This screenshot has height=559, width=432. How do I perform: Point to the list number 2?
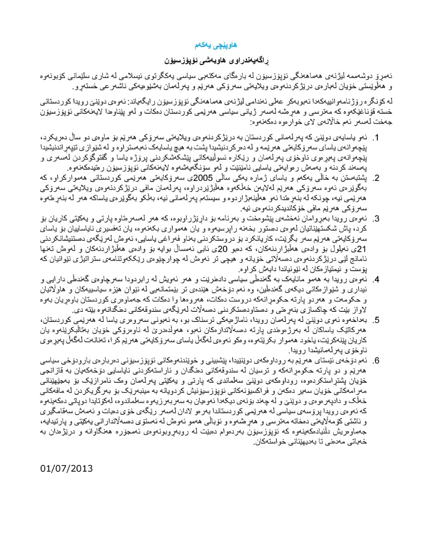point(375,178)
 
